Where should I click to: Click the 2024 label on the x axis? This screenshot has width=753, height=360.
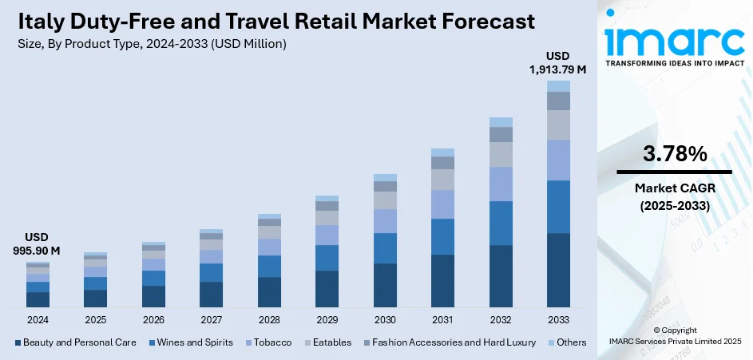click(x=38, y=319)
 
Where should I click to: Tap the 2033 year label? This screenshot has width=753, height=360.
click(x=558, y=319)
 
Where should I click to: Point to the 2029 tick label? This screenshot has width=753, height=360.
click(x=327, y=319)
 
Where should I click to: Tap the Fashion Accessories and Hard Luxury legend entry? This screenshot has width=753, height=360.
click(x=453, y=342)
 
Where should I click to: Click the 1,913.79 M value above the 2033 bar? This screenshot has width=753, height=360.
click(x=557, y=69)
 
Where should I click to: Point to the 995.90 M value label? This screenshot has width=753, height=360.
click(x=38, y=251)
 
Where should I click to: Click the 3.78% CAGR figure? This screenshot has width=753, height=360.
click(x=674, y=154)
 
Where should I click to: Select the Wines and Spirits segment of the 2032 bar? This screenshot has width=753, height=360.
click(x=501, y=223)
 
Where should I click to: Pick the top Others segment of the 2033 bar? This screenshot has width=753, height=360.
click(x=558, y=86)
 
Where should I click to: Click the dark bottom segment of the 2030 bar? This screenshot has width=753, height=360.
click(x=385, y=285)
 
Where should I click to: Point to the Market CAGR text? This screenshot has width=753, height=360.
click(x=674, y=188)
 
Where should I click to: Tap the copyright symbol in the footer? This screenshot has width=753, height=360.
click(x=656, y=330)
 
